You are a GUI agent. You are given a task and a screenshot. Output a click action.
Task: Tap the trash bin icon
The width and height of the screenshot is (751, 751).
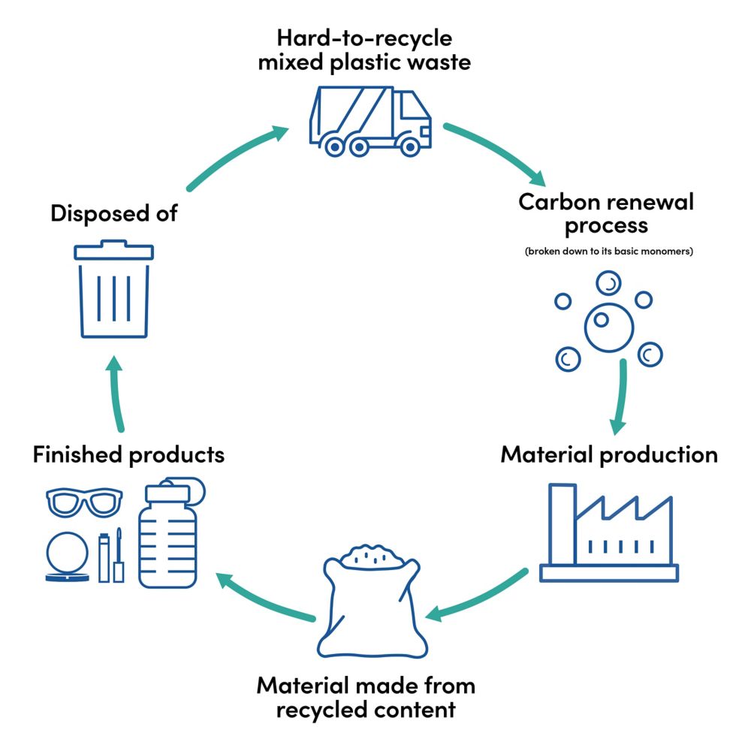coord(114,293)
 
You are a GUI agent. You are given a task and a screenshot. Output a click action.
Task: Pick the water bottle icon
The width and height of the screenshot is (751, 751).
coord(167,533)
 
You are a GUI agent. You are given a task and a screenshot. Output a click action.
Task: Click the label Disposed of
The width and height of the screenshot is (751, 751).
coord(114,213)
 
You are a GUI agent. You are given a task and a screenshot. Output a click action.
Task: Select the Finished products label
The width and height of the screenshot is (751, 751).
coord(128,454)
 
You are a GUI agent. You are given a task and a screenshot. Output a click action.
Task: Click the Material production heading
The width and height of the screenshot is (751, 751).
coord(608,454)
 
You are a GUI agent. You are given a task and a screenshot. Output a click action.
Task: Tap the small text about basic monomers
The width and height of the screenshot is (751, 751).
coord(608,252)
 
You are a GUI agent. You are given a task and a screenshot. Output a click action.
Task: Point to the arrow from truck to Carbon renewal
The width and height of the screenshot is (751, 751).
coord(496,154)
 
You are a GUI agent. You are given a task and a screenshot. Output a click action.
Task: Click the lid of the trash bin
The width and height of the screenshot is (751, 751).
coord(114,250)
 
